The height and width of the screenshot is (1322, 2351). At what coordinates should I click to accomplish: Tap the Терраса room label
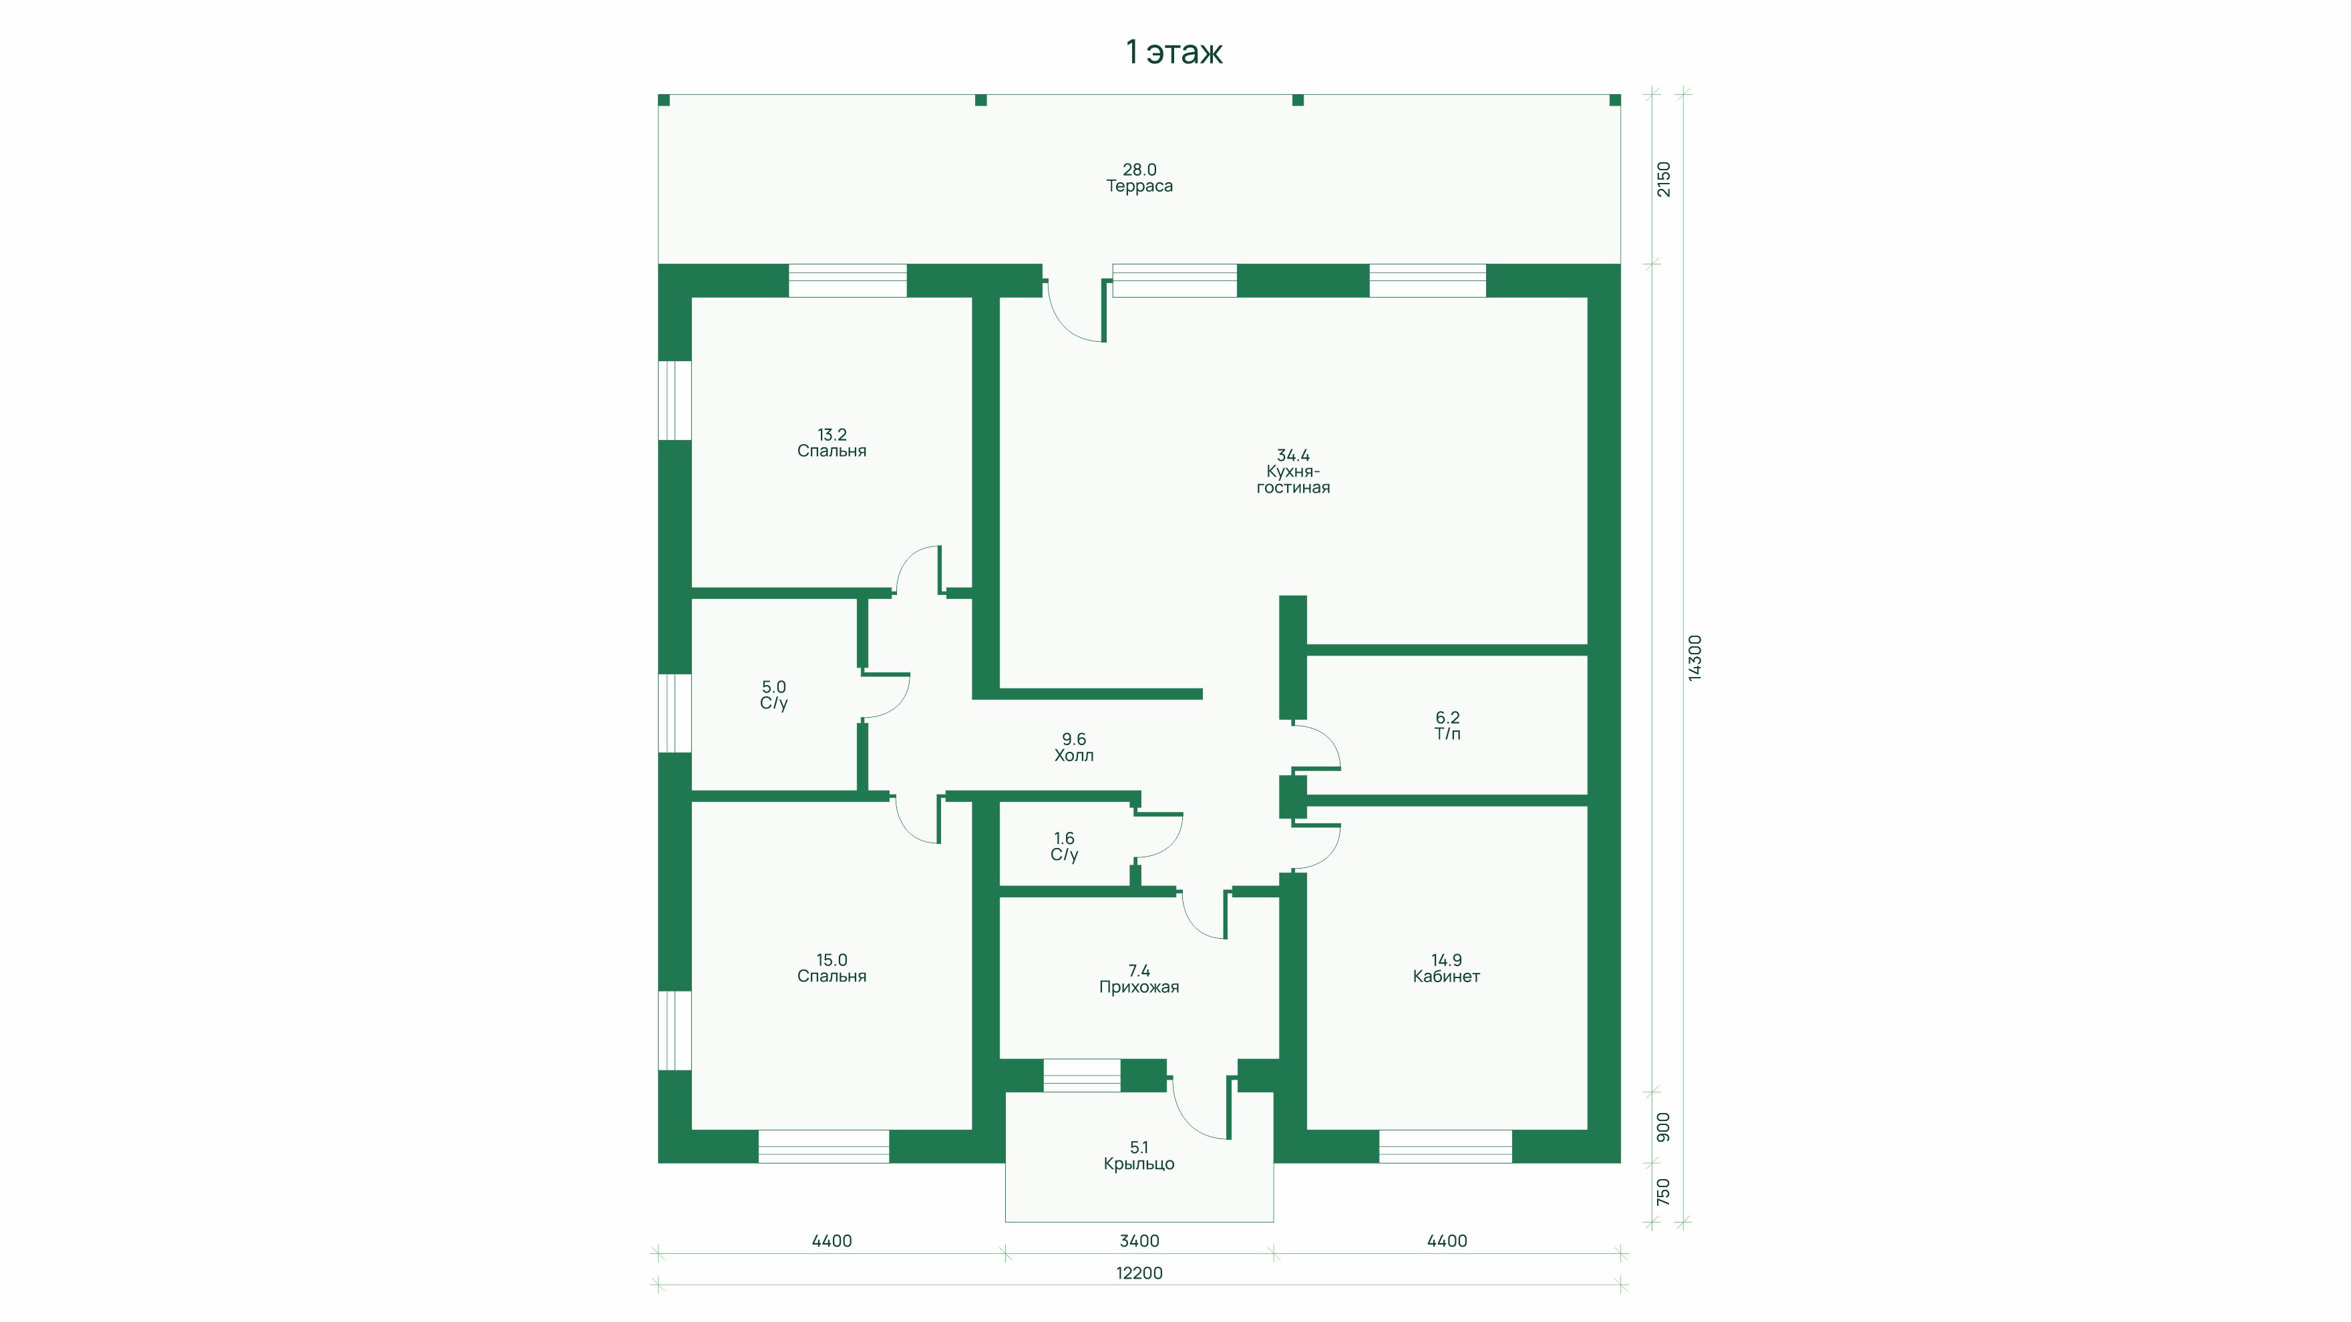tap(1139, 186)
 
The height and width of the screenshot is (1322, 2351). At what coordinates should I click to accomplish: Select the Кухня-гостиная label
tap(1292, 479)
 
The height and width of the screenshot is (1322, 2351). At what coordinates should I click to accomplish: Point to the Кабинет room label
tap(1445, 976)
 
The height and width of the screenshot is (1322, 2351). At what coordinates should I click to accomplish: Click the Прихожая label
tap(1139, 987)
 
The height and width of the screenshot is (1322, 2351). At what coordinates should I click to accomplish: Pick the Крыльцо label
tap(1139, 1164)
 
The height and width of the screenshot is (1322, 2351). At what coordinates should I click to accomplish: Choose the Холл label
tap(1073, 755)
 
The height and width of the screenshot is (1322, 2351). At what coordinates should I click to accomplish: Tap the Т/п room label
tap(1447, 734)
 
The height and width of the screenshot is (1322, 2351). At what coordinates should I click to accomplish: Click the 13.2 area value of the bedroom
tap(832, 435)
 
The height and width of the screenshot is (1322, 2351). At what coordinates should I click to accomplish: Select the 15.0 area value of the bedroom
tap(832, 960)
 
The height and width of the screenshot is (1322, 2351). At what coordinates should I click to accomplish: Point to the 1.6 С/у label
tap(1064, 847)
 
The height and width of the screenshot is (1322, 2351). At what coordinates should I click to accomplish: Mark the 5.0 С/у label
tap(774, 695)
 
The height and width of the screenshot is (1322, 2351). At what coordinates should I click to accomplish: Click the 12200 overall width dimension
tap(1139, 1273)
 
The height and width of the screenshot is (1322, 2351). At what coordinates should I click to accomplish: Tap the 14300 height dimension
tap(1694, 658)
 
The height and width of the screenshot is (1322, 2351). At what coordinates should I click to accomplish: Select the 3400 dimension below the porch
tap(1139, 1241)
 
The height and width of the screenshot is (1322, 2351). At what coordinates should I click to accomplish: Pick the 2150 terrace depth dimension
tap(1664, 179)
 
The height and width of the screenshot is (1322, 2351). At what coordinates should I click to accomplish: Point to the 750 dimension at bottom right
tap(1663, 1192)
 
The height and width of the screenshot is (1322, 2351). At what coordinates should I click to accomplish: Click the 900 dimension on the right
tap(1663, 1127)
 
